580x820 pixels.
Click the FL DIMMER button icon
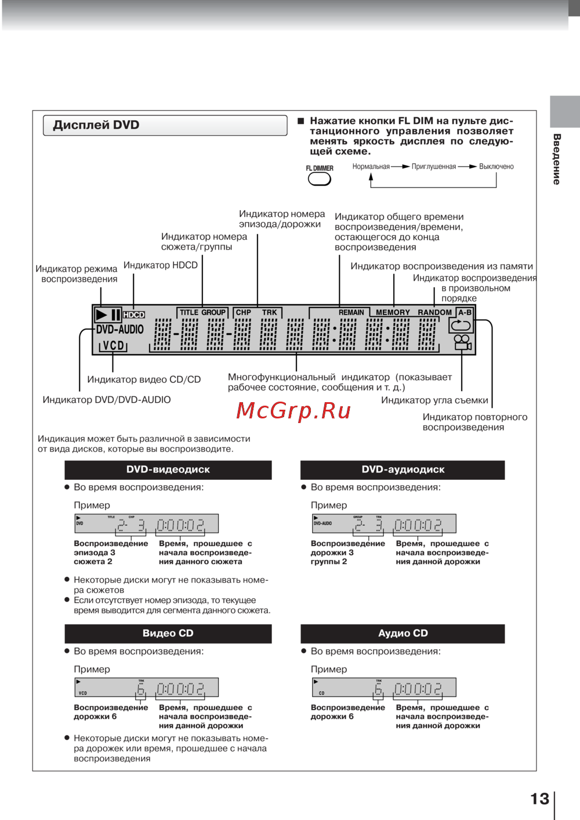319,179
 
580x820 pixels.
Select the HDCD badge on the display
134,315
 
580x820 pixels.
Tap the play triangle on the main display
102,315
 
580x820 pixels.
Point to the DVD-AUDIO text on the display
120,330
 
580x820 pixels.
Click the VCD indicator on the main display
114,346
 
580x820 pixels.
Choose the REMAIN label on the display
351,312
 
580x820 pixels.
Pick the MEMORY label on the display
393,312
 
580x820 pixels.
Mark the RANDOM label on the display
434,312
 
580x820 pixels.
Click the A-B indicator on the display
465,312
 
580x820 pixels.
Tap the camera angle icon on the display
462,342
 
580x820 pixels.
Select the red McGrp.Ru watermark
294,411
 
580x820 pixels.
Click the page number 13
539,799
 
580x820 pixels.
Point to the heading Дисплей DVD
96,125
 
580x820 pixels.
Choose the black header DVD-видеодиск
168,469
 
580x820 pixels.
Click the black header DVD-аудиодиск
403,469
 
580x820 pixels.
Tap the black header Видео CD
168,633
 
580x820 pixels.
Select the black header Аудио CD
403,633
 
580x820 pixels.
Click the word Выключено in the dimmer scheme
496,167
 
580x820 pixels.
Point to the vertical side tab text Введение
557,159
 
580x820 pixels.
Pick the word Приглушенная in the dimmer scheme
434,167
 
